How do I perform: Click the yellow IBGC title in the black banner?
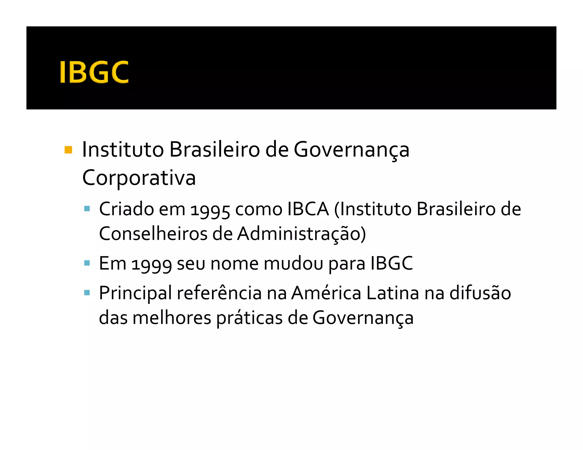[94, 72]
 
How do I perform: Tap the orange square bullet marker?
[68, 150]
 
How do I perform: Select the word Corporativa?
[139, 178]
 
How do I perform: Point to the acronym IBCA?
[308, 209]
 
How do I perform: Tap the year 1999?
[151, 264]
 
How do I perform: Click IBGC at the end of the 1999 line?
[391, 263]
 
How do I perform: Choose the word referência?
[219, 293]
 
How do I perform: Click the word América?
[326, 293]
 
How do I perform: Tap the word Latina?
[393, 293]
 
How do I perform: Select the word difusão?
[480, 293]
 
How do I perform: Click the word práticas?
[249, 318]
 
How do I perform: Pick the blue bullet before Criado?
[87, 209]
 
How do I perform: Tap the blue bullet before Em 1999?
[87, 263]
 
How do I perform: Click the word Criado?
[126, 209]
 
